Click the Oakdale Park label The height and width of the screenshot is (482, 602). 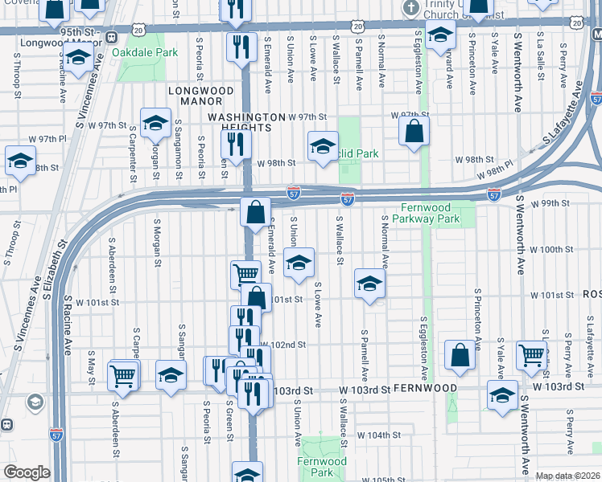point(146,52)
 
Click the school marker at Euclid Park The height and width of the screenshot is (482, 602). point(323,147)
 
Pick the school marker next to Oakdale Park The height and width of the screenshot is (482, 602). point(77,59)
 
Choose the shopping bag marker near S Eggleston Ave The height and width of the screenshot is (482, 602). point(458,354)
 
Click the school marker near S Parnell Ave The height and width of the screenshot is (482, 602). point(370,284)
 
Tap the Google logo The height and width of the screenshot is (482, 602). point(27,472)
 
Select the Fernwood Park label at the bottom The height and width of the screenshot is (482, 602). point(321,467)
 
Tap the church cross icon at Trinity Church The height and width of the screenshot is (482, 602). point(411,9)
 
